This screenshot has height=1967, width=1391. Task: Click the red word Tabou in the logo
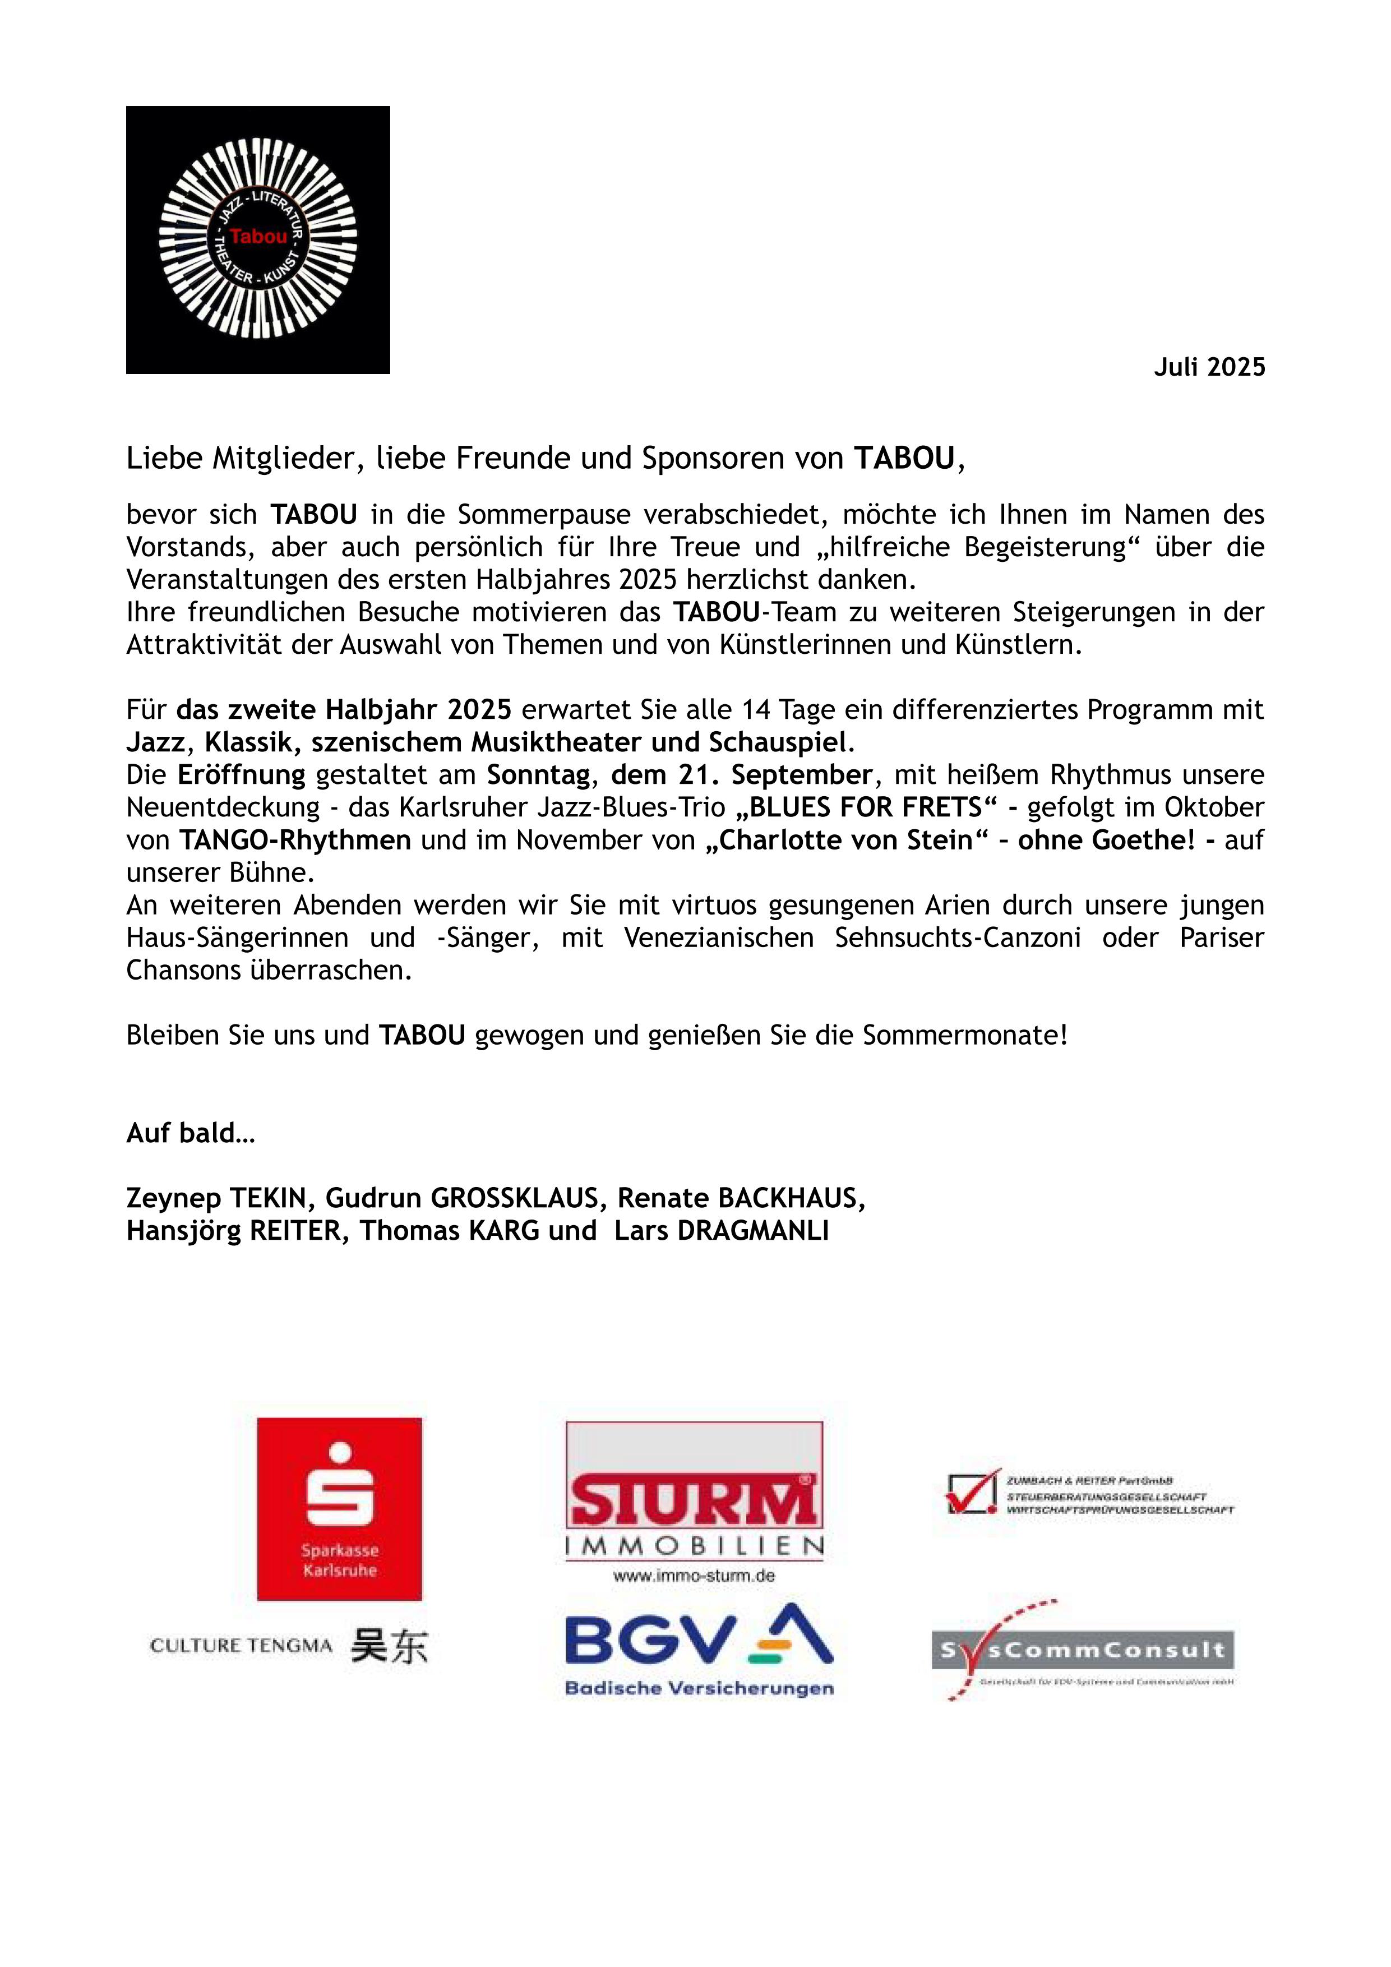(x=258, y=237)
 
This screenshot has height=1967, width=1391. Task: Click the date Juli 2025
(x=1209, y=367)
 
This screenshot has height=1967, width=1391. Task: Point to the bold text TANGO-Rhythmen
(x=295, y=839)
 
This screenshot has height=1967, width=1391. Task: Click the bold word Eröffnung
(x=242, y=774)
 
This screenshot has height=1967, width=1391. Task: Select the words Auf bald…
(x=191, y=1133)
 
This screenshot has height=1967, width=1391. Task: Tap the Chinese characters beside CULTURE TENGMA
(x=389, y=1646)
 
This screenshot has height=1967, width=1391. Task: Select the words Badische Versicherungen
(x=699, y=1688)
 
